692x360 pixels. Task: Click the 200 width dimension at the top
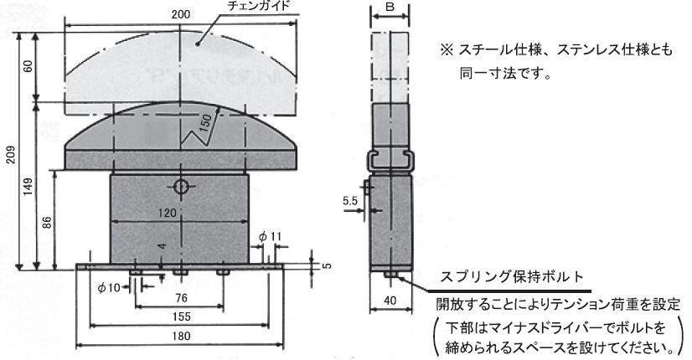[180, 14]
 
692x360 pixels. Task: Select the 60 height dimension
[28, 66]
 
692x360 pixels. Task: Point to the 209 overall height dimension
[11, 154]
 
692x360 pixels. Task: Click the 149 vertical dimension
[28, 187]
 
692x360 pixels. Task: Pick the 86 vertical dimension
[47, 222]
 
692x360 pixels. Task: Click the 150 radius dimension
[205, 123]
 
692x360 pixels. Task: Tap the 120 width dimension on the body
[168, 213]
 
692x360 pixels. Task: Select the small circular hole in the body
[181, 187]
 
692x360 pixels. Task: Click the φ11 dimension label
[270, 236]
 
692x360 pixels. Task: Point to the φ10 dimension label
[109, 288]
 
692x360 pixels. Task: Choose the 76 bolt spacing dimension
[182, 298]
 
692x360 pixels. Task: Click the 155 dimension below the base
[182, 316]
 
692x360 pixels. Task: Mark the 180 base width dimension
[181, 337]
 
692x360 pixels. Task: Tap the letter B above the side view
[390, 7]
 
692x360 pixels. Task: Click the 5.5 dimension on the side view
[350, 201]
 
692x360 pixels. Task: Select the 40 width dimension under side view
[390, 301]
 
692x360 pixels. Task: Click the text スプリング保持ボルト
[512, 277]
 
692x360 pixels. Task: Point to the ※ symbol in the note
[447, 49]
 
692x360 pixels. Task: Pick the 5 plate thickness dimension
[327, 265]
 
